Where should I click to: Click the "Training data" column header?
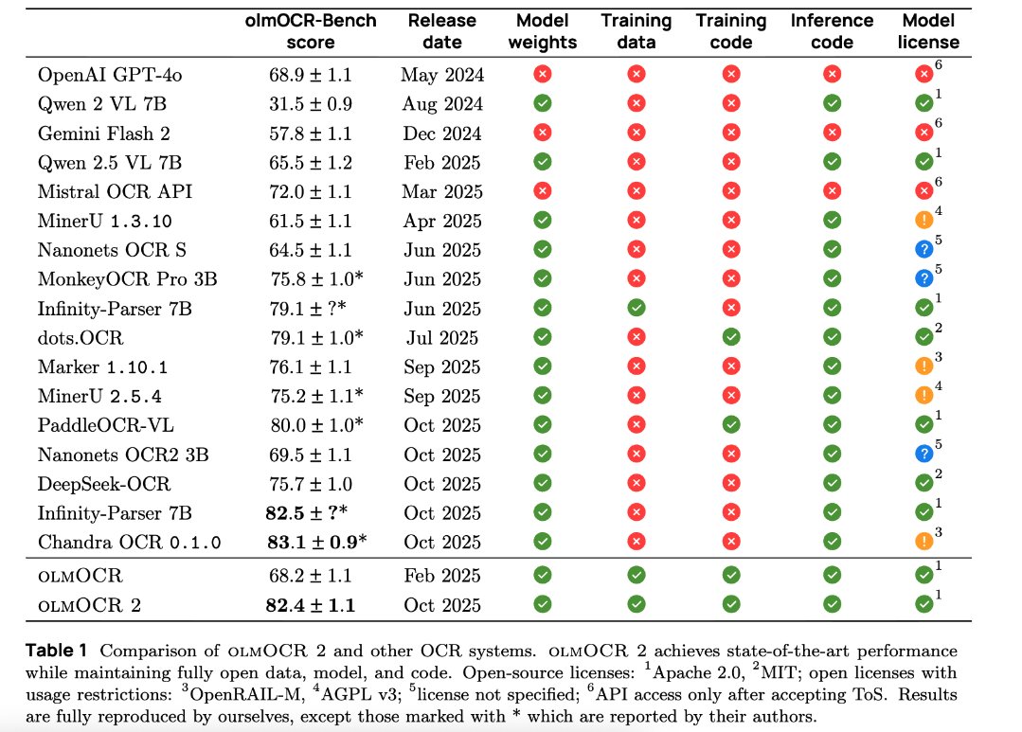(x=637, y=32)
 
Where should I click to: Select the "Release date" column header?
(x=441, y=32)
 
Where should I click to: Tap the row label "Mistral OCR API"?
(x=116, y=192)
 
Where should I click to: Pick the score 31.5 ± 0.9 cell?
(x=310, y=104)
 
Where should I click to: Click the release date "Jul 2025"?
(x=441, y=338)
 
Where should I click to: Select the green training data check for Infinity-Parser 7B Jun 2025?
(x=637, y=309)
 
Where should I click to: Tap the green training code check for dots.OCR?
(x=731, y=338)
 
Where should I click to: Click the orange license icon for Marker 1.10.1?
(x=923, y=367)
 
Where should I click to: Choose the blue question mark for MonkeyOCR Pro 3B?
(x=923, y=279)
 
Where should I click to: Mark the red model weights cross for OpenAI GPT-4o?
(x=543, y=75)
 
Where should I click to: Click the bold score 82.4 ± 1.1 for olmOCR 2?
(x=310, y=605)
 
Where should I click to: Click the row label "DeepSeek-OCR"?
(x=104, y=484)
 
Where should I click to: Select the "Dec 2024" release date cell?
(x=441, y=134)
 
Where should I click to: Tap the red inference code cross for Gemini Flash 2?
(x=832, y=134)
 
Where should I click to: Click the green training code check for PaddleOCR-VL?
(x=731, y=425)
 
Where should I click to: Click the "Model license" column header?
(x=930, y=32)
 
